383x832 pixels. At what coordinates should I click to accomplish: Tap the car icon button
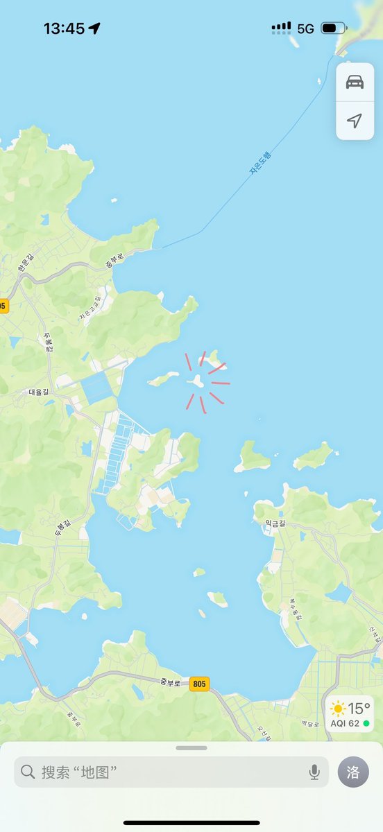pyautogui.click(x=355, y=82)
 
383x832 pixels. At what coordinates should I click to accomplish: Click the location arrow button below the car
pyautogui.click(x=355, y=121)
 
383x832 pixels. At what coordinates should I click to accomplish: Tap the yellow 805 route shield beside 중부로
pyautogui.click(x=199, y=684)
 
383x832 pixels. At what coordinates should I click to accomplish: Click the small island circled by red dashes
pyautogui.click(x=196, y=381)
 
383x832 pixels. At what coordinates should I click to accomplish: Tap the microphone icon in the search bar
pyautogui.click(x=314, y=772)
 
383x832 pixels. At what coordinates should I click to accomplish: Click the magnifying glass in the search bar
pyautogui.click(x=28, y=772)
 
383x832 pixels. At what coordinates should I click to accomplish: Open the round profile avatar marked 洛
pyautogui.click(x=353, y=772)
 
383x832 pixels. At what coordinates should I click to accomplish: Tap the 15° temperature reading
pyautogui.click(x=359, y=709)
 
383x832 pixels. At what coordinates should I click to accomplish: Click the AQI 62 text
pyautogui.click(x=345, y=723)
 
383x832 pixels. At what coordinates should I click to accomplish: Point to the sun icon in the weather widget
pyautogui.click(x=338, y=709)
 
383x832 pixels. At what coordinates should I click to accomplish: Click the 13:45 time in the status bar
pyautogui.click(x=64, y=28)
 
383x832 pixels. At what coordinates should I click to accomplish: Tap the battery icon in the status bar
pyautogui.click(x=333, y=28)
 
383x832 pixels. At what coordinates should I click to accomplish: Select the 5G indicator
pyautogui.click(x=305, y=28)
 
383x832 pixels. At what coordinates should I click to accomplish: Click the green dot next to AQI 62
pyautogui.click(x=366, y=723)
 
